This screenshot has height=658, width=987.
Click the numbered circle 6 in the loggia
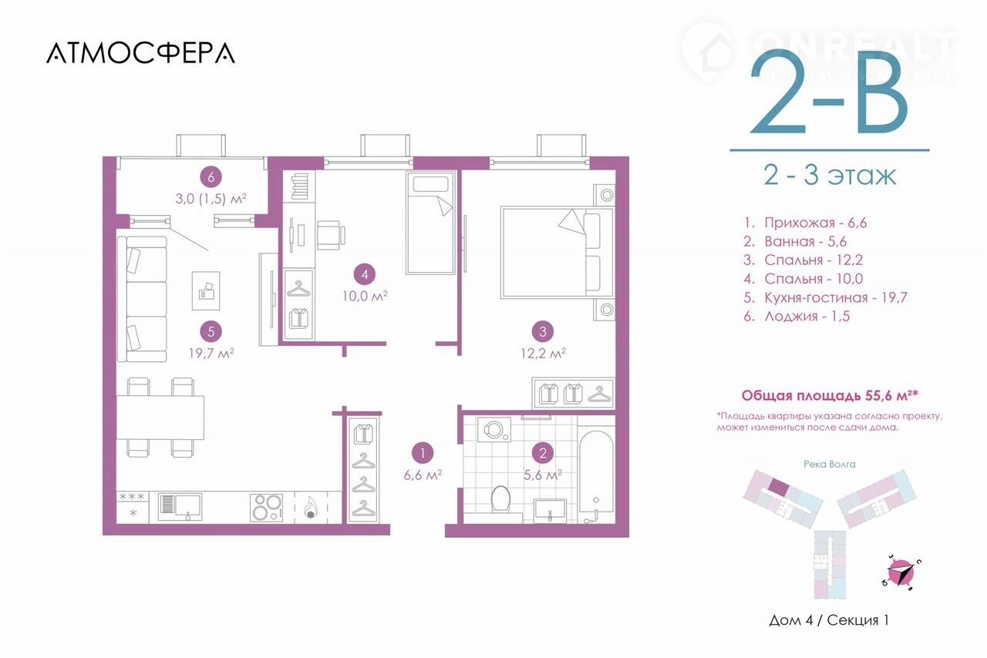(211, 177)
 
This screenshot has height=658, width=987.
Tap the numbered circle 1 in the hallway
(423, 453)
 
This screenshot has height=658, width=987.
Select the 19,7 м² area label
(211, 353)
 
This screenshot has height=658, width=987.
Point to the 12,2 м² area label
(544, 353)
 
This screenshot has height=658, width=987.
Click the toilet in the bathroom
(500, 499)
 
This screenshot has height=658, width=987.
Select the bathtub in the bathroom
(596, 477)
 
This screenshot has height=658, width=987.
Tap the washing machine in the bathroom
(494, 429)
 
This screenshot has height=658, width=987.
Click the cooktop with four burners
(266, 508)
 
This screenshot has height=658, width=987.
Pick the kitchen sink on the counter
(180, 506)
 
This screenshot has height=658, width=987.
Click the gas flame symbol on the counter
(310, 508)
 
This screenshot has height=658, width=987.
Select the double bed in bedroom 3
(558, 253)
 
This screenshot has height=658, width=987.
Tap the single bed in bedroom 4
(430, 223)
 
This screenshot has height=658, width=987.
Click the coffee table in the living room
(206, 290)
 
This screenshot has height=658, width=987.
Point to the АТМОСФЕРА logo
(140, 53)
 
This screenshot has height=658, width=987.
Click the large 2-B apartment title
(828, 92)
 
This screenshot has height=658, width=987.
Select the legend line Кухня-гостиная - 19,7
(825, 297)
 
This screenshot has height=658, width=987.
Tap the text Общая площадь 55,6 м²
(830, 395)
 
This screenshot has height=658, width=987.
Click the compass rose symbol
(901, 573)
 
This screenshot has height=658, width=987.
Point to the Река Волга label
(830, 464)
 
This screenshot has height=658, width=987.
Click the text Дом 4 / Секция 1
(829, 620)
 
